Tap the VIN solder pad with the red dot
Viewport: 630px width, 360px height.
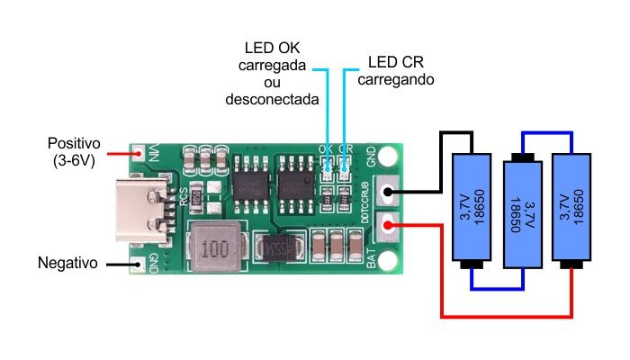click(139, 152)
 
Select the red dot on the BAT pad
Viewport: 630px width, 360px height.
click(389, 225)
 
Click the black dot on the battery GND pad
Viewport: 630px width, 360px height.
click(389, 190)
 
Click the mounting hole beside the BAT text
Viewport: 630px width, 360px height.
click(389, 261)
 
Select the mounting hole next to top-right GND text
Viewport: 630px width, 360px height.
click(388, 155)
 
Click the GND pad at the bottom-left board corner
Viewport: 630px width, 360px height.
click(139, 265)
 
